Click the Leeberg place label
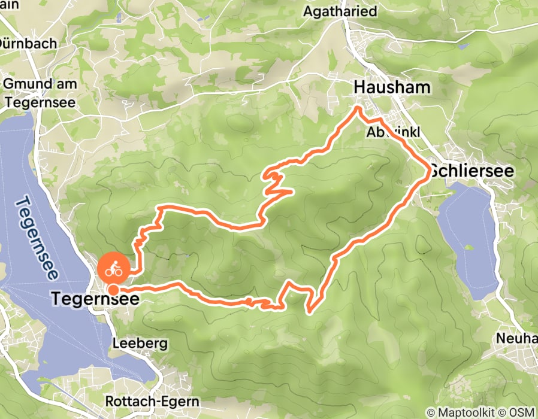click(140, 344)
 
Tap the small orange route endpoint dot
click(112, 290)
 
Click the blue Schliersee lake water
click(470, 239)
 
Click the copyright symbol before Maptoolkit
click(431, 412)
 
